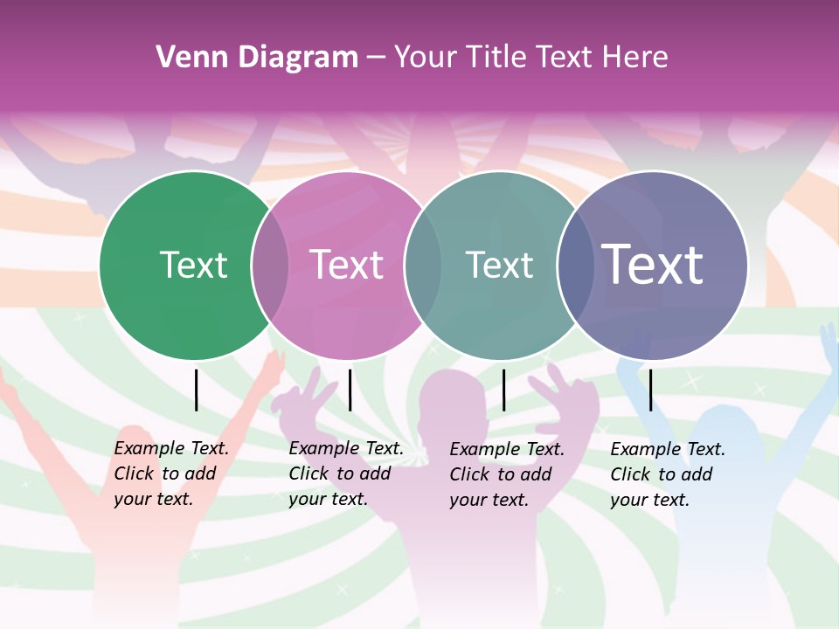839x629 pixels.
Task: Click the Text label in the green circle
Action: point(193,265)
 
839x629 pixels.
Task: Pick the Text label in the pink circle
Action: point(346,265)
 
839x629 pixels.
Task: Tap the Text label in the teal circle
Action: point(499,265)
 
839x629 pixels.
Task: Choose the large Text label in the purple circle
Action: point(653,265)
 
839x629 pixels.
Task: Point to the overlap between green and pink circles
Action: point(270,265)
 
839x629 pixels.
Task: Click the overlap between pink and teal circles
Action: point(423,265)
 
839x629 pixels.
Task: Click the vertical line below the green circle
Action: point(196,390)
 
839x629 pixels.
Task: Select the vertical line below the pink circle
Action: point(350,390)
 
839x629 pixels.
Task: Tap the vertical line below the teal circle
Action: point(503,390)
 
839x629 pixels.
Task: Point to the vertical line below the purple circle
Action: point(650,390)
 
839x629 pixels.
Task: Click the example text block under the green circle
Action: point(170,473)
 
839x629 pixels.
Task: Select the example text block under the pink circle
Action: point(345,473)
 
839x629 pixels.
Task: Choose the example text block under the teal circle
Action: point(506,474)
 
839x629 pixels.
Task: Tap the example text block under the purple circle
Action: point(667,474)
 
